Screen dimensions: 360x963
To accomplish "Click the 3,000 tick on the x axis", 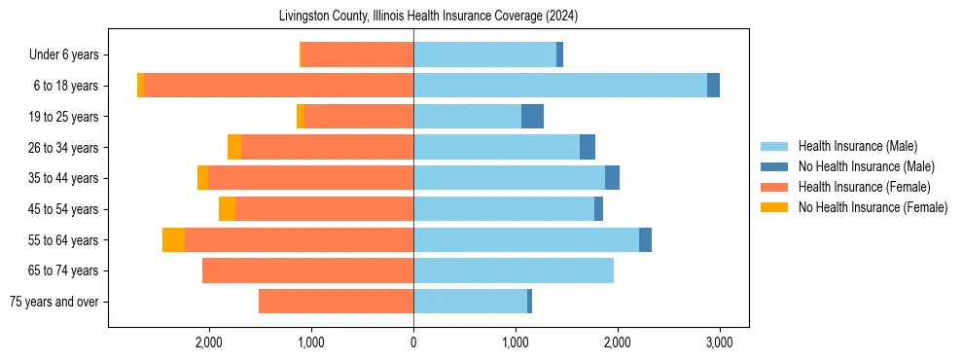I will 719,342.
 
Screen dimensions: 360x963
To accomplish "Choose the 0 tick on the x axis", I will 413,342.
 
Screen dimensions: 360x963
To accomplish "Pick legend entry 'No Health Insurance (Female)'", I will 873,207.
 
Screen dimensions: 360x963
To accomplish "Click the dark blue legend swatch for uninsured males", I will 775,166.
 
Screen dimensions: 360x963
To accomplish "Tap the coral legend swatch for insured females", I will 775,187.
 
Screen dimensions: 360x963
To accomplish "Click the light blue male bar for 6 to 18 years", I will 560,86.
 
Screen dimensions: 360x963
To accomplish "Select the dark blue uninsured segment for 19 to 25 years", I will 532,117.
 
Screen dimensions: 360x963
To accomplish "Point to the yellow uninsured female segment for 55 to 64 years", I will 173,240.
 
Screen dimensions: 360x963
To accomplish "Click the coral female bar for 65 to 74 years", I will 307,270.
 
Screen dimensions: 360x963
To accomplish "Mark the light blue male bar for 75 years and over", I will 470,302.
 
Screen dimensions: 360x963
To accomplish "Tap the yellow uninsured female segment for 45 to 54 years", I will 227,209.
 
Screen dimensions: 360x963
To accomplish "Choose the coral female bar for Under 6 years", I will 357,54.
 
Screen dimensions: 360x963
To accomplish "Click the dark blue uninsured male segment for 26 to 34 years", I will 588,147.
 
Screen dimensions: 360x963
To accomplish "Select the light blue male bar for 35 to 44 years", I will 509,178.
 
